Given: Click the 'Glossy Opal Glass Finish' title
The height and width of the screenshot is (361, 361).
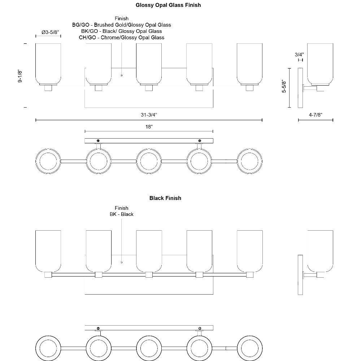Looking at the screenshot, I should pos(168,5).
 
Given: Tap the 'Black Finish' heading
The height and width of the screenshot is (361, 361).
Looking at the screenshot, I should pos(165,198).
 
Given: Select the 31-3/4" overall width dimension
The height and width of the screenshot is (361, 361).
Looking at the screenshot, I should pos(149,115).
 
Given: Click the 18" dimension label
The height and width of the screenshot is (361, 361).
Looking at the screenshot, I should pos(149,127).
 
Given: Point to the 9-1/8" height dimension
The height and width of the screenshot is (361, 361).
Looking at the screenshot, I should pos(20,75).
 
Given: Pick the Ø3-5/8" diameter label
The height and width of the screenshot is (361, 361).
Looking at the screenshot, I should pos(48,32).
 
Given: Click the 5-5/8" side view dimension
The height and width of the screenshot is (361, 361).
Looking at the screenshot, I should pos(284,87).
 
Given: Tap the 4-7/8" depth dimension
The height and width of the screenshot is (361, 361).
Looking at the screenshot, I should pos(316,115).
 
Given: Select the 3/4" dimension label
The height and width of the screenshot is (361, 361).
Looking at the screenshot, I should pos(299,55).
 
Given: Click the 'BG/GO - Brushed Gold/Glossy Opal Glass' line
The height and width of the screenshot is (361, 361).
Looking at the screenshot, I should pos(121,25).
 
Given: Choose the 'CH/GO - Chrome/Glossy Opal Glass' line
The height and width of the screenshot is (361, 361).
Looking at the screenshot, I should pos(121,38).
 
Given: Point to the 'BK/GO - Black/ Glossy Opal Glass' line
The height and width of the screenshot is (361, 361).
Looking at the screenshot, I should pos(121,31).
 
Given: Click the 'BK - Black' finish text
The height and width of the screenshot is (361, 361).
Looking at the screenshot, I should pos(122,214).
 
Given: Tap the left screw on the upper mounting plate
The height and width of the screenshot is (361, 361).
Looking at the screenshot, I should pos(98,140).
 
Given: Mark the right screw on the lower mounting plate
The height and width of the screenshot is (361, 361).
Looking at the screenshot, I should pos(199,328).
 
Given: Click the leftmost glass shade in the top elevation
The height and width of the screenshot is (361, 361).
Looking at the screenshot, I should pos(48,63).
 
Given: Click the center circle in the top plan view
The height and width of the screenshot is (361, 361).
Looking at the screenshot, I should pos(149,161).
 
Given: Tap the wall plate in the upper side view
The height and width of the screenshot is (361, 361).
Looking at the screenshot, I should pos(300,88).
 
